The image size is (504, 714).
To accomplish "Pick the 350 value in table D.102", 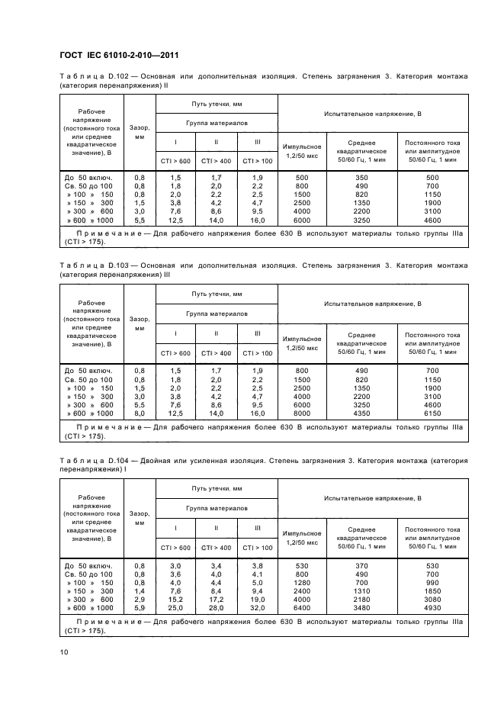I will tap(361, 177).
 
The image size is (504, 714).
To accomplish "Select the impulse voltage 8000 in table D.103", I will tap(302, 412).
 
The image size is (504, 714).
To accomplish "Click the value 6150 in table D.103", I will tap(433, 412).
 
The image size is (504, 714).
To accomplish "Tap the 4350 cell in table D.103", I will tap(361, 412).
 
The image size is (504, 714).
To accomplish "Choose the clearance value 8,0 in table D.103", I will tap(140, 412).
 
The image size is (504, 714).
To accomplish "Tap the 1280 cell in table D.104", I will tap(302, 582).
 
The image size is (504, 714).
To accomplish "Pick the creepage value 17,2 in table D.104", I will tap(216, 599).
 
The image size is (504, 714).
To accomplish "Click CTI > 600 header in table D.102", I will tap(175, 160).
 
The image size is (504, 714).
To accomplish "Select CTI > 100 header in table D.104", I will tap(257, 548).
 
